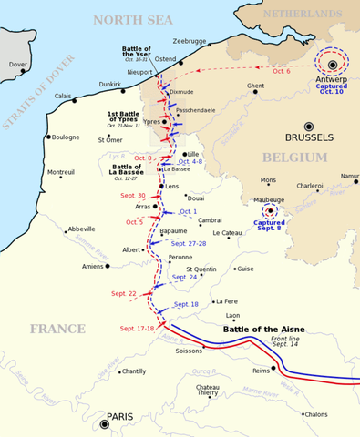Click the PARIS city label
tap(120, 417)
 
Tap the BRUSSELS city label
tap(310, 138)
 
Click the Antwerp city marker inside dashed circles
tap(333, 64)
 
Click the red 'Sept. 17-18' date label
tap(137, 329)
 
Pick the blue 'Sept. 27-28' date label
tap(189, 244)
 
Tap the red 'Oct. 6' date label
tap(282, 72)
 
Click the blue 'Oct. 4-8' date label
tap(190, 162)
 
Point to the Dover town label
tap(18, 65)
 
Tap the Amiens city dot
tap(108, 267)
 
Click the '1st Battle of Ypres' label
tap(125, 117)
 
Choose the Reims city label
tap(262, 371)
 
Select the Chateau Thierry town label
tap(207, 389)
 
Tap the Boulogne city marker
tap(52, 137)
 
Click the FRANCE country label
tap(57, 329)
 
